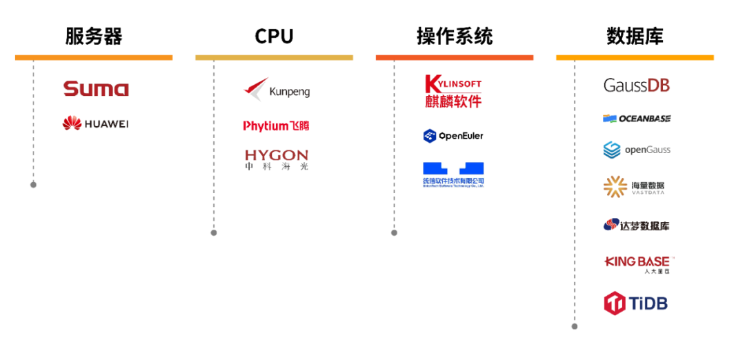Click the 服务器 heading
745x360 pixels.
click(94, 37)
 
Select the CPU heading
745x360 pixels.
click(274, 37)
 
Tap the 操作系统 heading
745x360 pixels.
click(455, 37)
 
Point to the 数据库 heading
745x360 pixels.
click(635, 37)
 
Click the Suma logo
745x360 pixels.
click(96, 89)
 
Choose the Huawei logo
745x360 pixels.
click(95, 124)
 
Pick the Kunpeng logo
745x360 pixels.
click(277, 90)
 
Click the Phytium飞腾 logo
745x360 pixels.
click(276, 126)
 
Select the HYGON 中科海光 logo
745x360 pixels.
click(276, 160)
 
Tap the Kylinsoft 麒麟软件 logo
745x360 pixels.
click(453, 91)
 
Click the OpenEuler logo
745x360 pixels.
click(453, 136)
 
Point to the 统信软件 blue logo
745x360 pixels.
click(453, 174)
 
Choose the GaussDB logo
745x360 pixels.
click(637, 86)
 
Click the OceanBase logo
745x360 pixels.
click(636, 119)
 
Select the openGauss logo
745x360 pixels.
click(637, 150)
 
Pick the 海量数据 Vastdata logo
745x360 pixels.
click(634, 186)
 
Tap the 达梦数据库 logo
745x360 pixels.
click(636, 225)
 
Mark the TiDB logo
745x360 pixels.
click(636, 303)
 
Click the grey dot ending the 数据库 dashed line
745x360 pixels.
click(575, 326)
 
